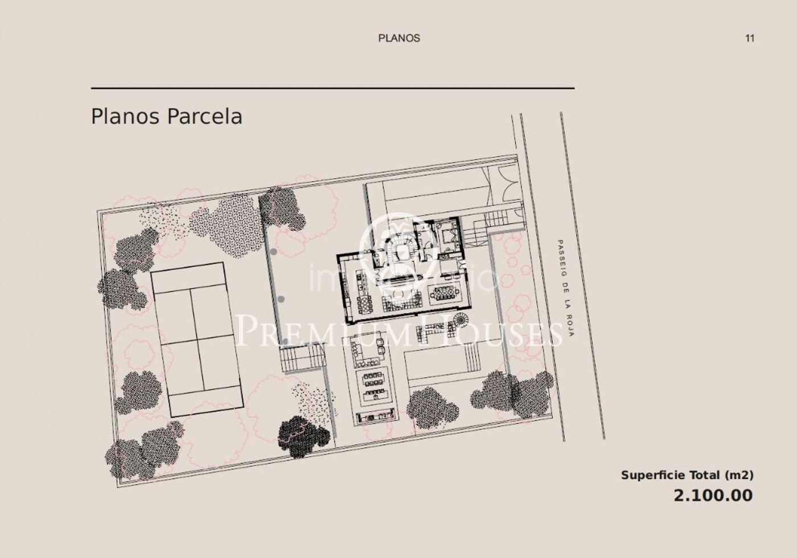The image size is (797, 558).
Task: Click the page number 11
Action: click(x=750, y=38)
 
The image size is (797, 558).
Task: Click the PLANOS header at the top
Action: click(x=399, y=38)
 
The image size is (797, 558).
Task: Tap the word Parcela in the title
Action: click(x=204, y=116)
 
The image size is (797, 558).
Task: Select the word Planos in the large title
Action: click(x=125, y=116)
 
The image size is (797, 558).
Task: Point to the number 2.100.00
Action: click(x=713, y=495)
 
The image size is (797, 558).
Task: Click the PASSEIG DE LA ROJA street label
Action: click(x=565, y=288)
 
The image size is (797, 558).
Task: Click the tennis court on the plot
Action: click(x=197, y=340)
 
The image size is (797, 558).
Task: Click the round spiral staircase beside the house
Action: click(x=461, y=321)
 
